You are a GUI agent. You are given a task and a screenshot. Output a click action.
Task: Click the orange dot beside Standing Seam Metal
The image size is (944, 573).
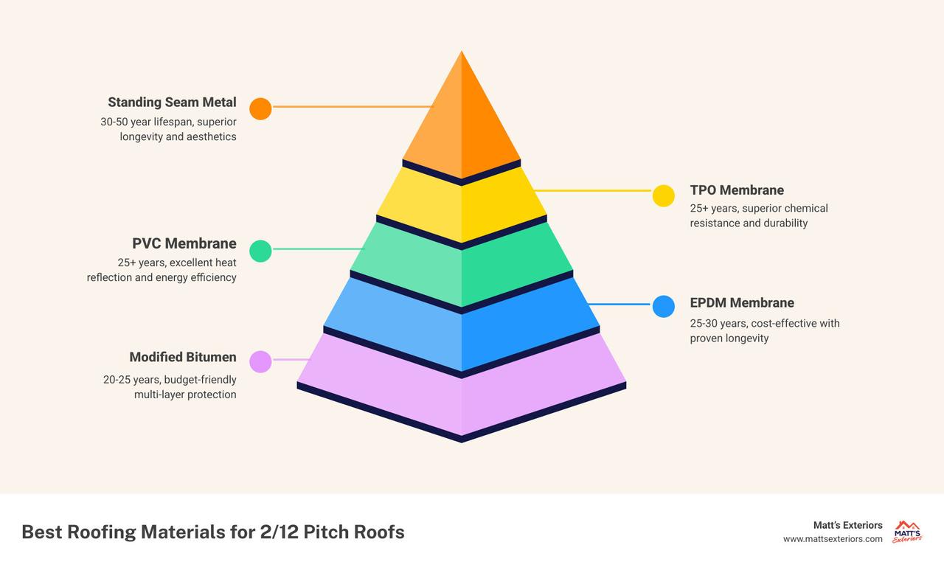point(260,108)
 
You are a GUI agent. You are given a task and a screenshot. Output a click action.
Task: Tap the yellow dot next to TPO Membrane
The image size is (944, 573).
point(664,195)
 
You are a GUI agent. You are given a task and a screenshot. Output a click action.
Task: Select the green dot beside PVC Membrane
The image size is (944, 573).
point(260,251)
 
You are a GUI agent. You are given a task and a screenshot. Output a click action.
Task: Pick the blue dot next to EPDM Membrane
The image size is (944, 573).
point(664,306)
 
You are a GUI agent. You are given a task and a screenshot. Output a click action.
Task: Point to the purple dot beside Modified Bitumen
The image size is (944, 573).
point(260,362)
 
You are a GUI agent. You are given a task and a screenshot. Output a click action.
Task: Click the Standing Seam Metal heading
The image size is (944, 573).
point(172,103)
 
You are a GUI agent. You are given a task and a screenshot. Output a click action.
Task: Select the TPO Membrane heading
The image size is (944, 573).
point(737,190)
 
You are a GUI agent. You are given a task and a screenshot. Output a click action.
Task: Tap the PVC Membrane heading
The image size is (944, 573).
point(184,243)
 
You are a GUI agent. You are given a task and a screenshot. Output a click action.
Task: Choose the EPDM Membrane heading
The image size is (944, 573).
point(742,303)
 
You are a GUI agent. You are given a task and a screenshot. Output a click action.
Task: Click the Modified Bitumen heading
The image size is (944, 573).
point(183,357)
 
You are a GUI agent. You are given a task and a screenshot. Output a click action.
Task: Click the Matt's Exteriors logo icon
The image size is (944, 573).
point(907,532)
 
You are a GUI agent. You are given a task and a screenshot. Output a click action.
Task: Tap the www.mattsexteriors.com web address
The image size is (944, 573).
point(833,539)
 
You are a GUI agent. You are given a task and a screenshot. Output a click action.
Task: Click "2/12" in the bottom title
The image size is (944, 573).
point(279,532)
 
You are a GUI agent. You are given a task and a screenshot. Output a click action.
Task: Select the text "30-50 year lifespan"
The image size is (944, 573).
point(147,122)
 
